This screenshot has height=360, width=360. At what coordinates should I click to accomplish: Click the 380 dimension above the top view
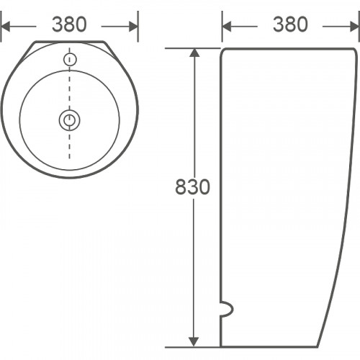[x=69, y=24]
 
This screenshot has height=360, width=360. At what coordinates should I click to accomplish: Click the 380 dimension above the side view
[x=290, y=24]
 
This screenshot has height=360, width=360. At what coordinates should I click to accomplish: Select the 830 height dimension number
[x=192, y=187]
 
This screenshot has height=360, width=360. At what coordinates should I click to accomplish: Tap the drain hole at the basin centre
[x=69, y=120]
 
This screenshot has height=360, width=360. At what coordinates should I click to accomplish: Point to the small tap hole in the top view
[x=69, y=59]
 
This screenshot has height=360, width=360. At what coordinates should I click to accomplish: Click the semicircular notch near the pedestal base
[x=226, y=310]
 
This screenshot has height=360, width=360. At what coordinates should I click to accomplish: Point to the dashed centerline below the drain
[x=69, y=148]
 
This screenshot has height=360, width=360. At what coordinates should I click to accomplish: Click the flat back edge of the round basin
[x=69, y=41]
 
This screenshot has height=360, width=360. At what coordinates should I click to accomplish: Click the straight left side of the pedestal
[x=221, y=180]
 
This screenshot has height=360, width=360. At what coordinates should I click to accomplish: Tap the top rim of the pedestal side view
[x=288, y=48]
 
